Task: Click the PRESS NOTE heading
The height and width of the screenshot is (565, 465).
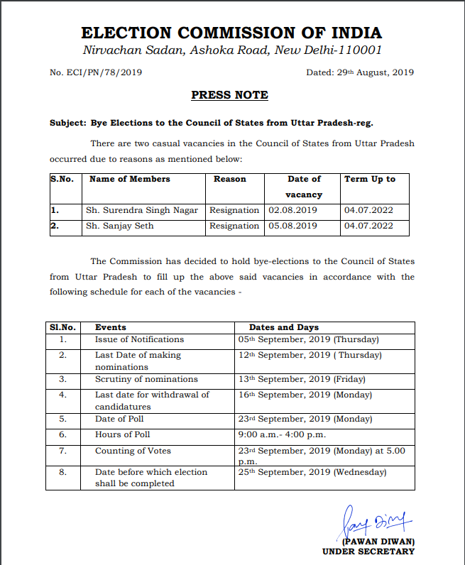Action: [x=229, y=95]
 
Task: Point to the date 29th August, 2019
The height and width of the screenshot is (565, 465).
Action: [x=359, y=72]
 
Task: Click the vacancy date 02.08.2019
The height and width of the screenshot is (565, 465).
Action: [x=292, y=210]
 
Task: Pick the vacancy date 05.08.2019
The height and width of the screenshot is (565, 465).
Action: [x=292, y=226]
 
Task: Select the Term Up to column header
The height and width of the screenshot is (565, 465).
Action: [x=369, y=179]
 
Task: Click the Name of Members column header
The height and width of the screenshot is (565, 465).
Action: [x=129, y=179]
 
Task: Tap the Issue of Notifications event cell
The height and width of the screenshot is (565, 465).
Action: [x=139, y=339]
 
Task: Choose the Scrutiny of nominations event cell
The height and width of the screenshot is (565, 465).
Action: [x=146, y=379]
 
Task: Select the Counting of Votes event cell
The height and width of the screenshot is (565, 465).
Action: [x=133, y=451]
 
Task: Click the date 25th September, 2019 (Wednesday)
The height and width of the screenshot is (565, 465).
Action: [x=312, y=472]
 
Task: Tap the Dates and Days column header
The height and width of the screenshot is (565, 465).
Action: [x=284, y=327]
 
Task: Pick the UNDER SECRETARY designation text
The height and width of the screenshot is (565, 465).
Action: [x=368, y=552]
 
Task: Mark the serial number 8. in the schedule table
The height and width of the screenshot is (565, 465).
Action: [x=62, y=472]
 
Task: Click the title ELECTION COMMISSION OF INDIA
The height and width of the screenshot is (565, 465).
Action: [x=231, y=33]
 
